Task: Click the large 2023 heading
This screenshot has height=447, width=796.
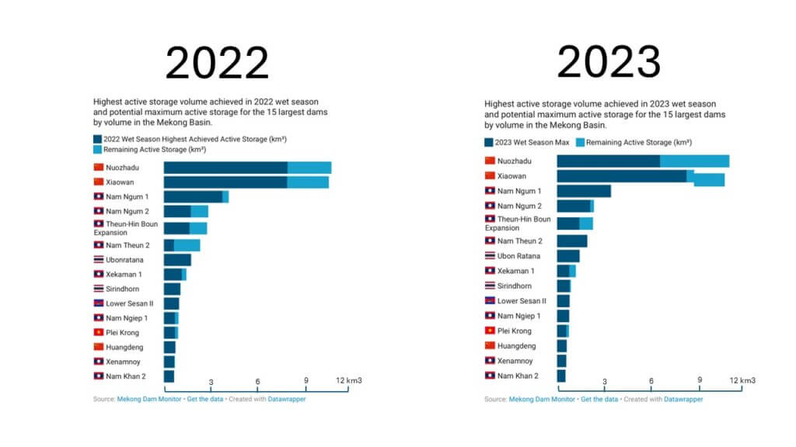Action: click(x=609, y=61)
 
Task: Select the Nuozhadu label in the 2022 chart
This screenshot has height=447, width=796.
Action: click(x=124, y=168)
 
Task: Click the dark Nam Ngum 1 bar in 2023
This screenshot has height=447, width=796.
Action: click(x=583, y=191)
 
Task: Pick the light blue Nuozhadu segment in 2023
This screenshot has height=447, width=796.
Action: click(x=694, y=161)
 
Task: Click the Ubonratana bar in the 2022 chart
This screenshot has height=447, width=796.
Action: click(x=177, y=260)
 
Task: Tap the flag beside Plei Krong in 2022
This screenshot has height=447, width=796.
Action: click(x=99, y=333)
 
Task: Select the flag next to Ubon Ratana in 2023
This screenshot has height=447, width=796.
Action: click(x=490, y=256)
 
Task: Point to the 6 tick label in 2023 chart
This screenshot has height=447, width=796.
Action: click(x=651, y=381)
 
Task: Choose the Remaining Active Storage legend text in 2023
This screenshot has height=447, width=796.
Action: click(x=638, y=143)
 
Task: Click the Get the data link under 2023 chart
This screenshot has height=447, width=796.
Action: click(x=599, y=400)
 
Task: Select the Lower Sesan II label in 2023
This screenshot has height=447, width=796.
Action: click(x=522, y=301)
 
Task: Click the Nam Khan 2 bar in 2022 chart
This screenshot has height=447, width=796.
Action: click(x=169, y=376)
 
